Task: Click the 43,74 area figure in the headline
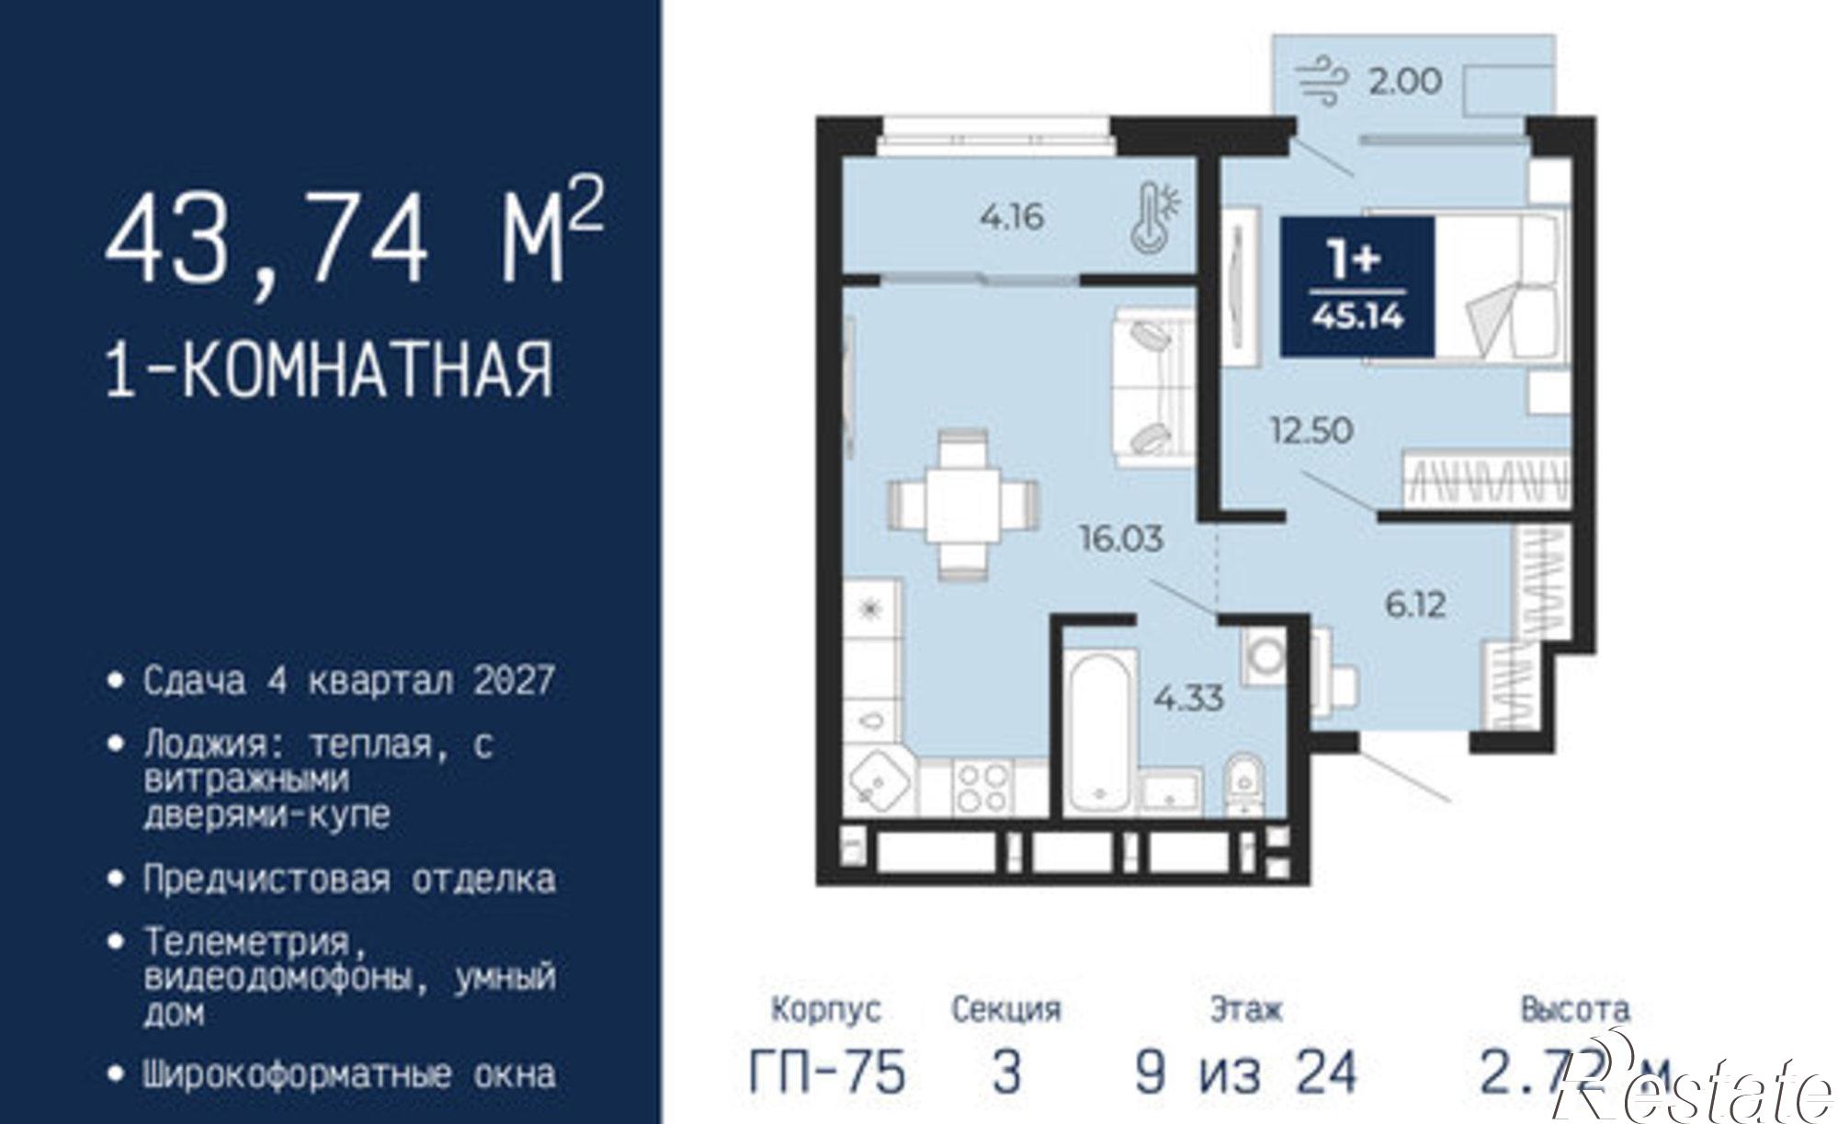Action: [x=267, y=241]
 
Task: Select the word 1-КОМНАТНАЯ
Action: [x=330, y=369]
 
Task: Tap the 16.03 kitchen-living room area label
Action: [x=1121, y=539]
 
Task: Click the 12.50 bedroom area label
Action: [x=1311, y=429]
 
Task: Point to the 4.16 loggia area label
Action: [x=1012, y=218]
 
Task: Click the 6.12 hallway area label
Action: [x=1415, y=605]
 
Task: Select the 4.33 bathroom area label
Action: [x=1188, y=698]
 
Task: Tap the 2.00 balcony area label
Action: [x=1405, y=82]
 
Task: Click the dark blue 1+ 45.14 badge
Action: [x=1357, y=287]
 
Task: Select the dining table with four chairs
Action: [x=962, y=505]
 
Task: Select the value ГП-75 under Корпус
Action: [x=827, y=1072]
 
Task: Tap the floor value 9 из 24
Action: [x=1245, y=1072]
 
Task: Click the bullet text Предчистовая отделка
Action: [x=348, y=880]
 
